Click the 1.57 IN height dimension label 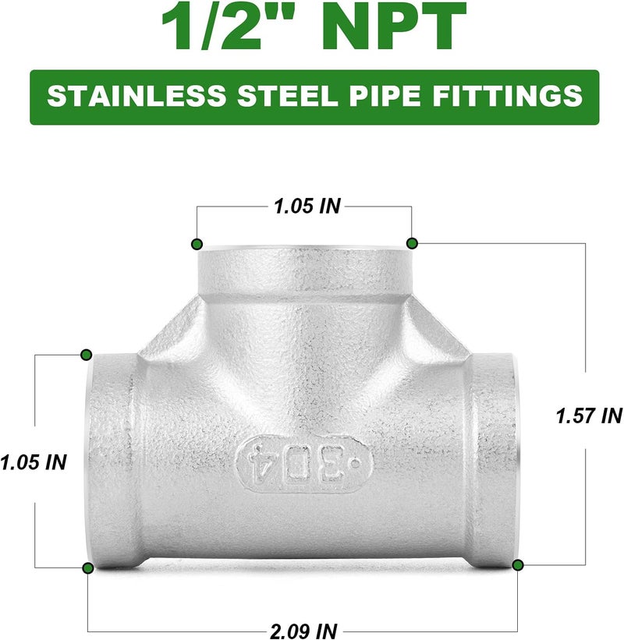click(x=589, y=415)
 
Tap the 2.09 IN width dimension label click(x=303, y=631)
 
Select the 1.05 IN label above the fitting click(x=307, y=206)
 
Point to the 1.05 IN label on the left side click(x=33, y=462)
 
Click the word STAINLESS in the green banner click(x=136, y=96)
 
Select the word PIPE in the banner click(x=385, y=96)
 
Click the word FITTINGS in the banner click(x=507, y=96)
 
